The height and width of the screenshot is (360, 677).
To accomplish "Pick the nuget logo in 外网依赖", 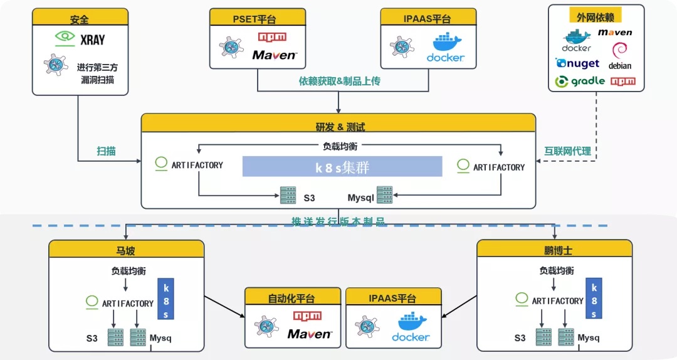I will (577, 63).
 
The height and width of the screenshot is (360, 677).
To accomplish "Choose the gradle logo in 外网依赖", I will (580, 81).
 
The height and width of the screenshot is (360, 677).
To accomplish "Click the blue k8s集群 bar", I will (342, 167).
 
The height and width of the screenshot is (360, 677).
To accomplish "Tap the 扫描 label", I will (106, 151).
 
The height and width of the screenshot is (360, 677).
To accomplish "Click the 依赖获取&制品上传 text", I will (339, 81).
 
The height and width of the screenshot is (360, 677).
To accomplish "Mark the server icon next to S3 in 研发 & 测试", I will (288, 195).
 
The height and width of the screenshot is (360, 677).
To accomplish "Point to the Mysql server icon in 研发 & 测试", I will (384, 195).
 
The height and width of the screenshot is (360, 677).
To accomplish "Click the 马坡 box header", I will (127, 249).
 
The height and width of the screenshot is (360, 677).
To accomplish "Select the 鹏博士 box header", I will (540, 249).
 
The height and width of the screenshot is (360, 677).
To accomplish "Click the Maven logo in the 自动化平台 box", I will (309, 334).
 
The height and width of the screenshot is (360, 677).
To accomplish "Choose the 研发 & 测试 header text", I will (339, 127).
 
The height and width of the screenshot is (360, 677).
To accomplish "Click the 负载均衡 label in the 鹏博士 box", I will (556, 271).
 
